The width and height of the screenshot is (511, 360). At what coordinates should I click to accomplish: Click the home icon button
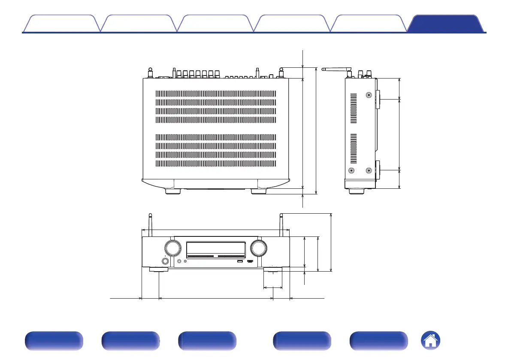pyautogui.click(x=430, y=341)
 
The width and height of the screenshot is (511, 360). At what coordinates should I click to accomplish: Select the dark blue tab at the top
pyautogui.click(x=446, y=24)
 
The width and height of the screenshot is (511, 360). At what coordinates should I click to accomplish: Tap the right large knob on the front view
pyautogui.click(x=259, y=248)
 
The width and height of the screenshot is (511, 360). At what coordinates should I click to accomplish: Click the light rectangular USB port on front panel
pyautogui.click(x=239, y=261)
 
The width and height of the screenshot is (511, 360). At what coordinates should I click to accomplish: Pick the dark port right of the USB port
pyautogui.click(x=250, y=261)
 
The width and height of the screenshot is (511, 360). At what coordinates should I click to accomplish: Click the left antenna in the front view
pyautogui.click(x=150, y=224)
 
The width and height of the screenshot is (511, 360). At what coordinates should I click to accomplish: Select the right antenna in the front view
pyautogui.click(x=281, y=224)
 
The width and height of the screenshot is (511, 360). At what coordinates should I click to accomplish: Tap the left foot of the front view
pyautogui.click(x=159, y=270)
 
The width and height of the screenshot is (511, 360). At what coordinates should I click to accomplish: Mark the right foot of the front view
pyautogui.click(x=273, y=270)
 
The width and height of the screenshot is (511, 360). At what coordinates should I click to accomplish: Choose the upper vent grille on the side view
pyautogui.click(x=354, y=107)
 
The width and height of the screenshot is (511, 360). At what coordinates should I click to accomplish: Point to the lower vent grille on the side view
pyautogui.click(x=354, y=148)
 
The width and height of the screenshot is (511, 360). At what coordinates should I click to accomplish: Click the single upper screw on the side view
pyautogui.click(x=369, y=95)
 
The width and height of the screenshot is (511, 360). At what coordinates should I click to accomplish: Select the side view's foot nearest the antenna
pyautogui.click(x=357, y=191)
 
